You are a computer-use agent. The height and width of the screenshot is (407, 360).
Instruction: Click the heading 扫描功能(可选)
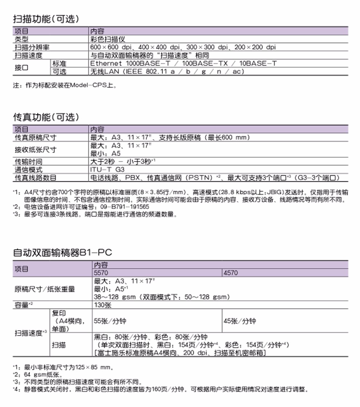[x=45, y=19]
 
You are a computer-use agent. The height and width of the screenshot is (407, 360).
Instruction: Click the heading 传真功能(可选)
[x=45, y=117]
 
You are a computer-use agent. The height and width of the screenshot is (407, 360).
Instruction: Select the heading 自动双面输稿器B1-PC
[x=62, y=252]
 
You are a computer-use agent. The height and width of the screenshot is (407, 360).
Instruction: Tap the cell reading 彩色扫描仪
[x=107, y=39]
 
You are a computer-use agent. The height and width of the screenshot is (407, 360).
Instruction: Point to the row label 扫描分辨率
[x=32, y=47]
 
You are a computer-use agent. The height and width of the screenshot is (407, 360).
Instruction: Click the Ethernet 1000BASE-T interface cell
[x=183, y=64]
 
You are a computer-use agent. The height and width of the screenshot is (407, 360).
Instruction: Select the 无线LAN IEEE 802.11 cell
[x=167, y=72]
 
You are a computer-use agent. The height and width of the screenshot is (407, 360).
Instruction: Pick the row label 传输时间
[x=28, y=161]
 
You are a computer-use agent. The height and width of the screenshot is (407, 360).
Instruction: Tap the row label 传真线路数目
[x=36, y=178]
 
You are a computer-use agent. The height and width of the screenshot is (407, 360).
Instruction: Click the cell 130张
[x=103, y=305]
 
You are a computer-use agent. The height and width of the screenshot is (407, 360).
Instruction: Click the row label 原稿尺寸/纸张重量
[x=45, y=289]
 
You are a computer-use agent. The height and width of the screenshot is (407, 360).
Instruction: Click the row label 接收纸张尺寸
[x=36, y=149]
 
